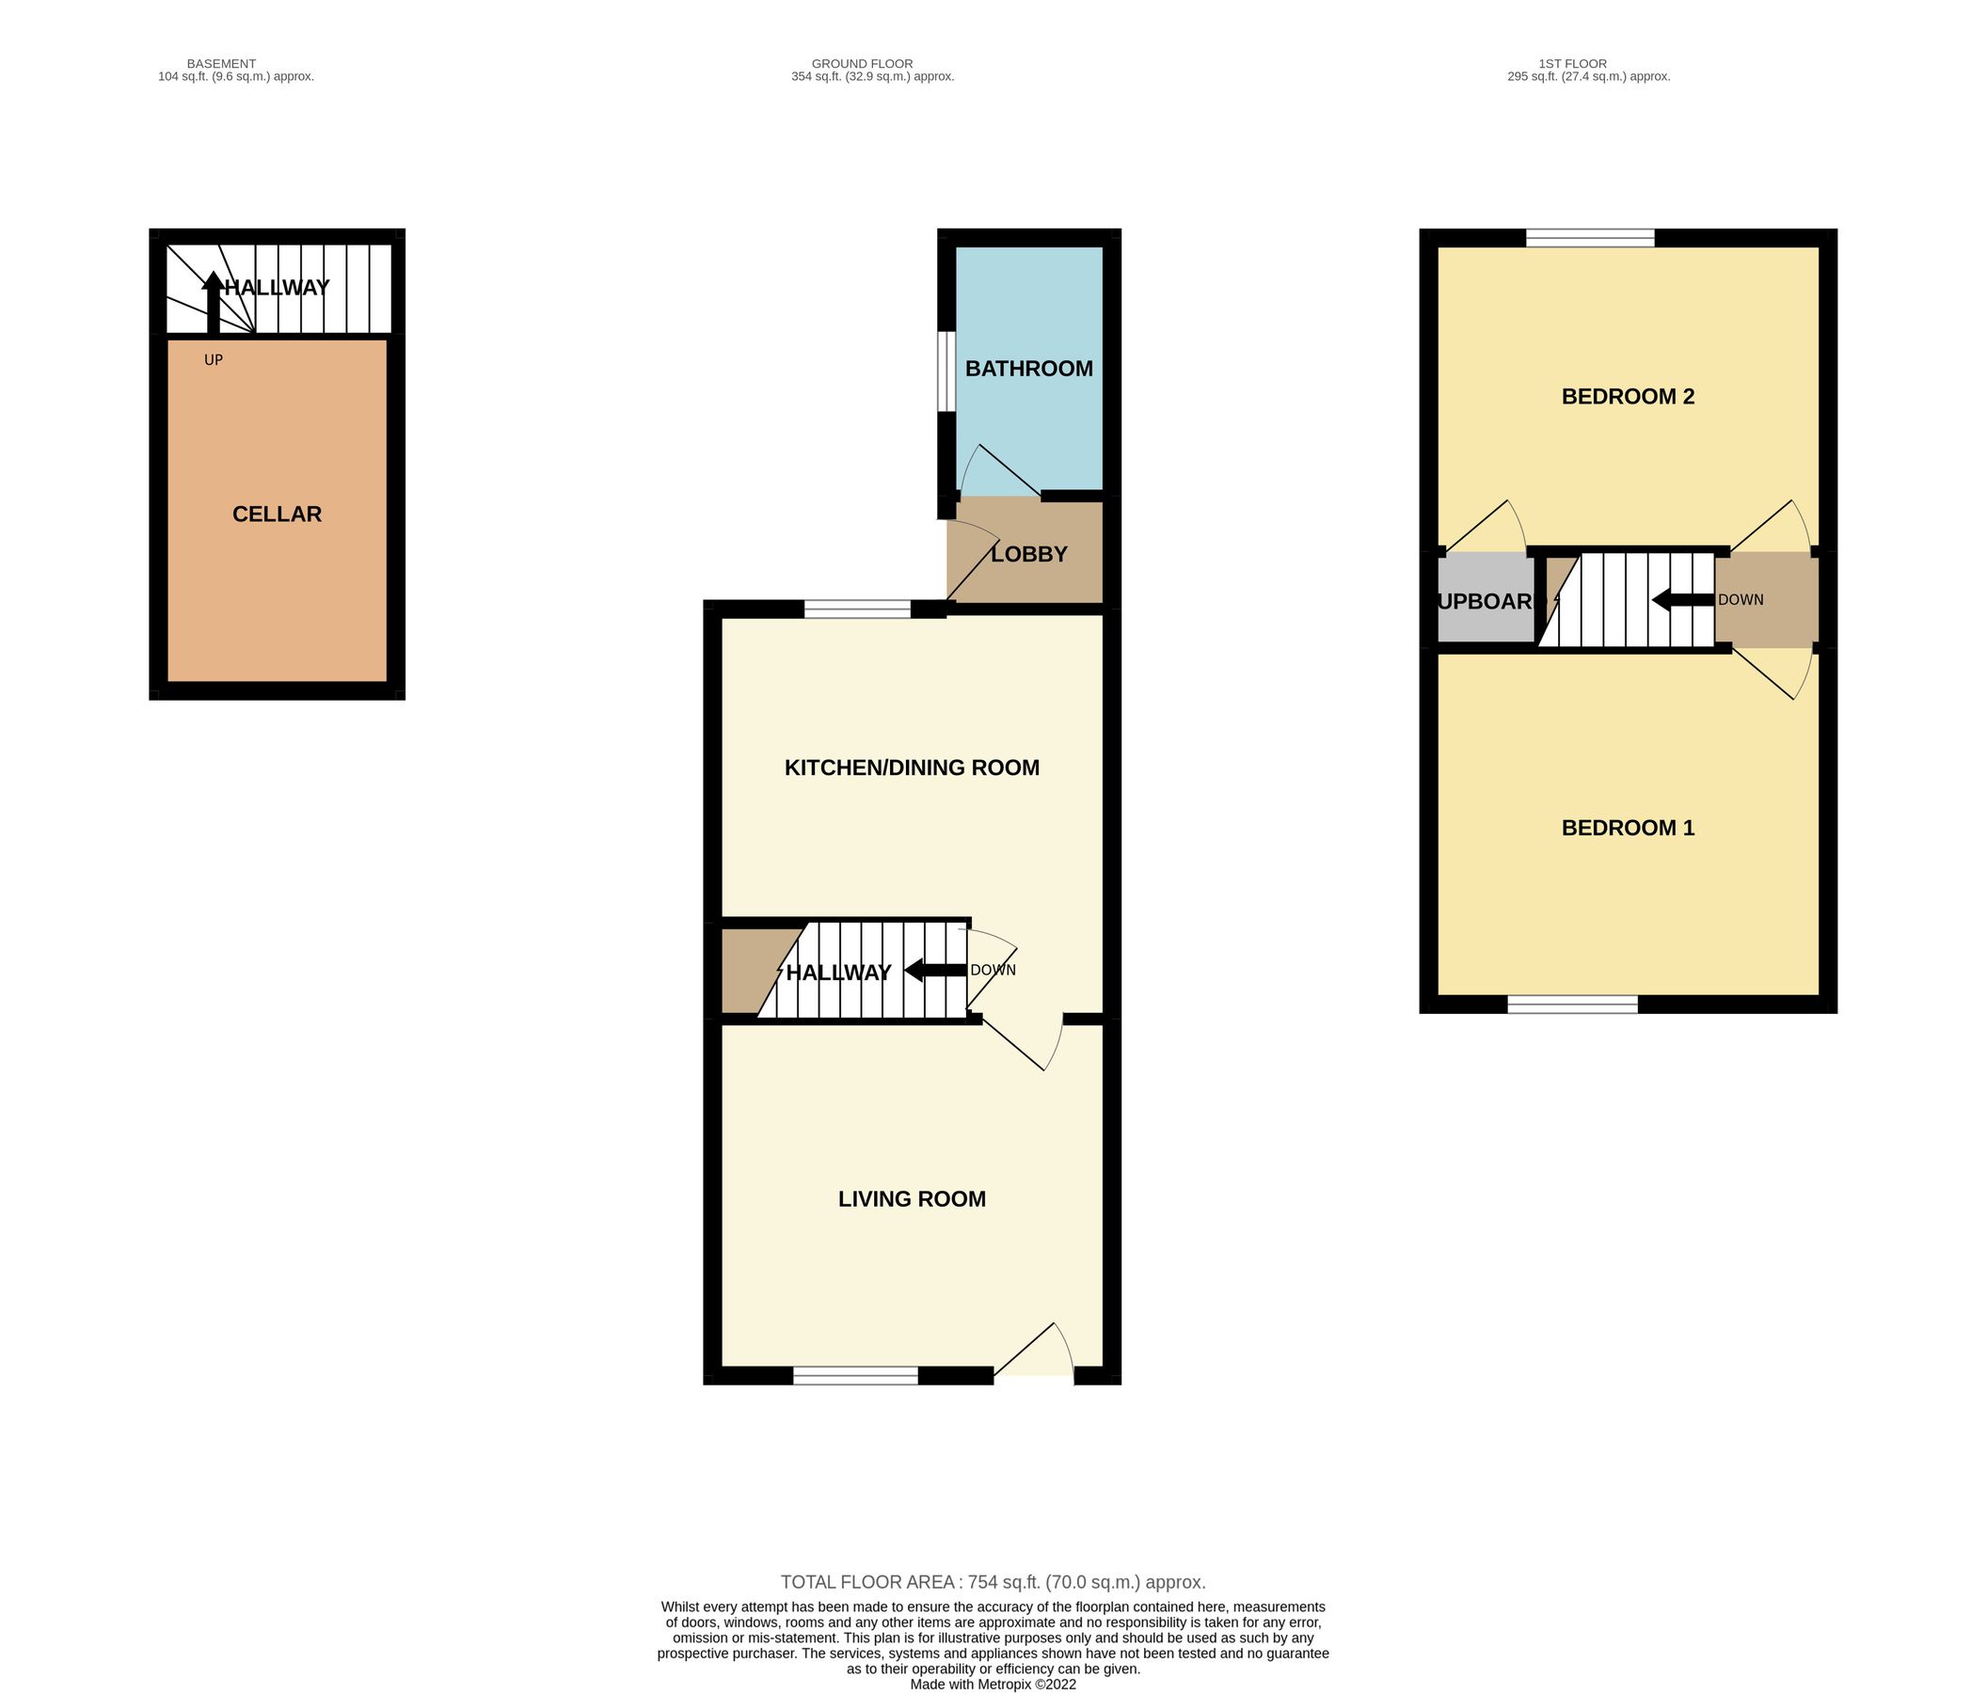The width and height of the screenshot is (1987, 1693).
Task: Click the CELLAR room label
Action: tap(277, 514)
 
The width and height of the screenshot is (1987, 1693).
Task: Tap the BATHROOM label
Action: tap(1028, 368)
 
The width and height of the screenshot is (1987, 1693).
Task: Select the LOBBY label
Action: tap(1028, 554)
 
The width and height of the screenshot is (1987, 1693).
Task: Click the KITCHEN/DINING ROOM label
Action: tap(911, 767)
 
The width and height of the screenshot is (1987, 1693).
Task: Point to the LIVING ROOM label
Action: tap(911, 1198)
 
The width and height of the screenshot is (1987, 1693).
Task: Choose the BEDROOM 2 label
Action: tap(1628, 396)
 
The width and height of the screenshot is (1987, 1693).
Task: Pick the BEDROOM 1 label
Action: tap(1628, 828)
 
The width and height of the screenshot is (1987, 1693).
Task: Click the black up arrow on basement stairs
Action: tap(212, 300)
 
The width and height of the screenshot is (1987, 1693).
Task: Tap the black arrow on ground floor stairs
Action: tap(935, 970)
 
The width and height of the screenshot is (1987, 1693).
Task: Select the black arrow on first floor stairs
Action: tap(1682, 600)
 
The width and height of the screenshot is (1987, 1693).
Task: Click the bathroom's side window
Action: tap(946, 371)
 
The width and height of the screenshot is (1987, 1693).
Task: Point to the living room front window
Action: tap(855, 1376)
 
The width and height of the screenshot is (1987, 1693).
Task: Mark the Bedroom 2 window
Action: tap(1590, 238)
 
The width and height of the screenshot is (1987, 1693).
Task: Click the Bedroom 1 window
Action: tap(1572, 1004)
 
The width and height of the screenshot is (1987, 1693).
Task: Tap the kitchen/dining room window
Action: tap(856, 609)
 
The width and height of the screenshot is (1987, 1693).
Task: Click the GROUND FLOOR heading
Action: tap(862, 64)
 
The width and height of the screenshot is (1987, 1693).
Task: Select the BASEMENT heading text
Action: tap(221, 64)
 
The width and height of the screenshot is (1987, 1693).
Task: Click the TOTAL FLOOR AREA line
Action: tap(993, 1582)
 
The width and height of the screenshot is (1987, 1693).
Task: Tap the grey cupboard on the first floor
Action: tap(1485, 600)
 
